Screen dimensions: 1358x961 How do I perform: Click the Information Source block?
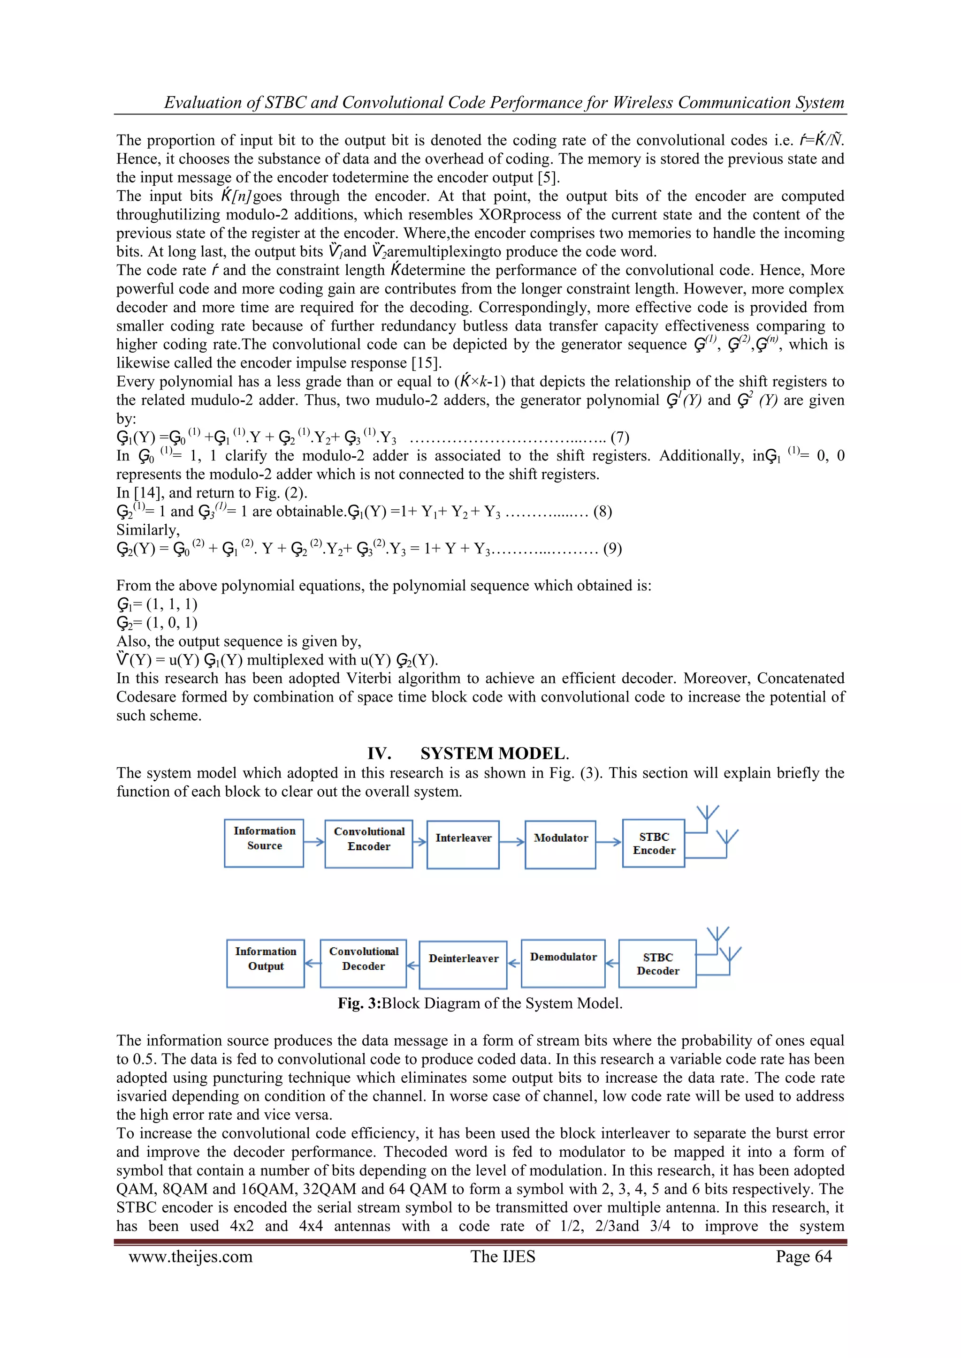pos(264,843)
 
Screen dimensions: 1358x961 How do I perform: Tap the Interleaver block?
pos(463,844)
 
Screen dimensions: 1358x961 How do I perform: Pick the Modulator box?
pos(560,844)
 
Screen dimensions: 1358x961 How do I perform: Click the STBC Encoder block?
pos(654,843)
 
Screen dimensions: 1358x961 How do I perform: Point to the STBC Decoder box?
pos(657,964)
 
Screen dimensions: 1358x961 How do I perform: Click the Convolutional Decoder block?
pos(363,964)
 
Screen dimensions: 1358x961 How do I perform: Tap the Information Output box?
pos(266,964)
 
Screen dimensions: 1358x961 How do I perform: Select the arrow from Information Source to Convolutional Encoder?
pos(314,842)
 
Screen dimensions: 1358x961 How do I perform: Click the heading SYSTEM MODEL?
pos(495,754)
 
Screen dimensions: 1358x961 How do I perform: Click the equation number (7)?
pos(619,438)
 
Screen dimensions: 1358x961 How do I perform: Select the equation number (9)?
pos(612,549)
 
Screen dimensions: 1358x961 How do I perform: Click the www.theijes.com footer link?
pos(191,1256)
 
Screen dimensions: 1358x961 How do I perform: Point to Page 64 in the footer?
pos(804,1256)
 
